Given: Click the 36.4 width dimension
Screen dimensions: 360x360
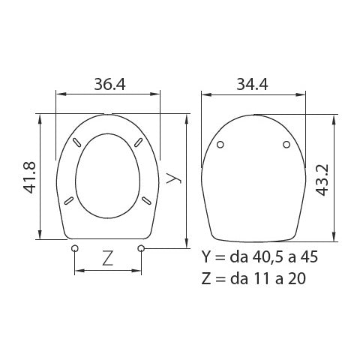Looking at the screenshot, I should pyautogui.click(x=109, y=84).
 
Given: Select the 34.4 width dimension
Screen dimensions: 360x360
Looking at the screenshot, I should pyautogui.click(x=253, y=84).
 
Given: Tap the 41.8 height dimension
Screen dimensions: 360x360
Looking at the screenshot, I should pyautogui.click(x=31, y=177).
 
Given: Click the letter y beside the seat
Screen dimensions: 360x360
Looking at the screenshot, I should pyautogui.click(x=172, y=178).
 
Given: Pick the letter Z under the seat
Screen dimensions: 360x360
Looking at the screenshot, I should pyautogui.click(x=107, y=259).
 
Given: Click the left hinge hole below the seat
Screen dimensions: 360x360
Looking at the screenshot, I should pyautogui.click(x=74, y=248).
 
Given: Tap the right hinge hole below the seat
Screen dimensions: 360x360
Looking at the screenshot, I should pyautogui.click(x=142, y=248).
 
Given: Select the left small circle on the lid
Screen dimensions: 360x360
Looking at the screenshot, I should pyautogui.click(x=220, y=145).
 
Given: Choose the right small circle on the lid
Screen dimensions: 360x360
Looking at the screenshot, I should pyautogui.click(x=287, y=145).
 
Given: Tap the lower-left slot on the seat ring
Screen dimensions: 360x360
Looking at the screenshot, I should pyautogui.click(x=68, y=199).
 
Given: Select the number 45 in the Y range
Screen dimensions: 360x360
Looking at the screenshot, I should pyautogui.click(x=309, y=256).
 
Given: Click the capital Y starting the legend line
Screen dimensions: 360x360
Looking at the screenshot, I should pyautogui.click(x=207, y=256).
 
